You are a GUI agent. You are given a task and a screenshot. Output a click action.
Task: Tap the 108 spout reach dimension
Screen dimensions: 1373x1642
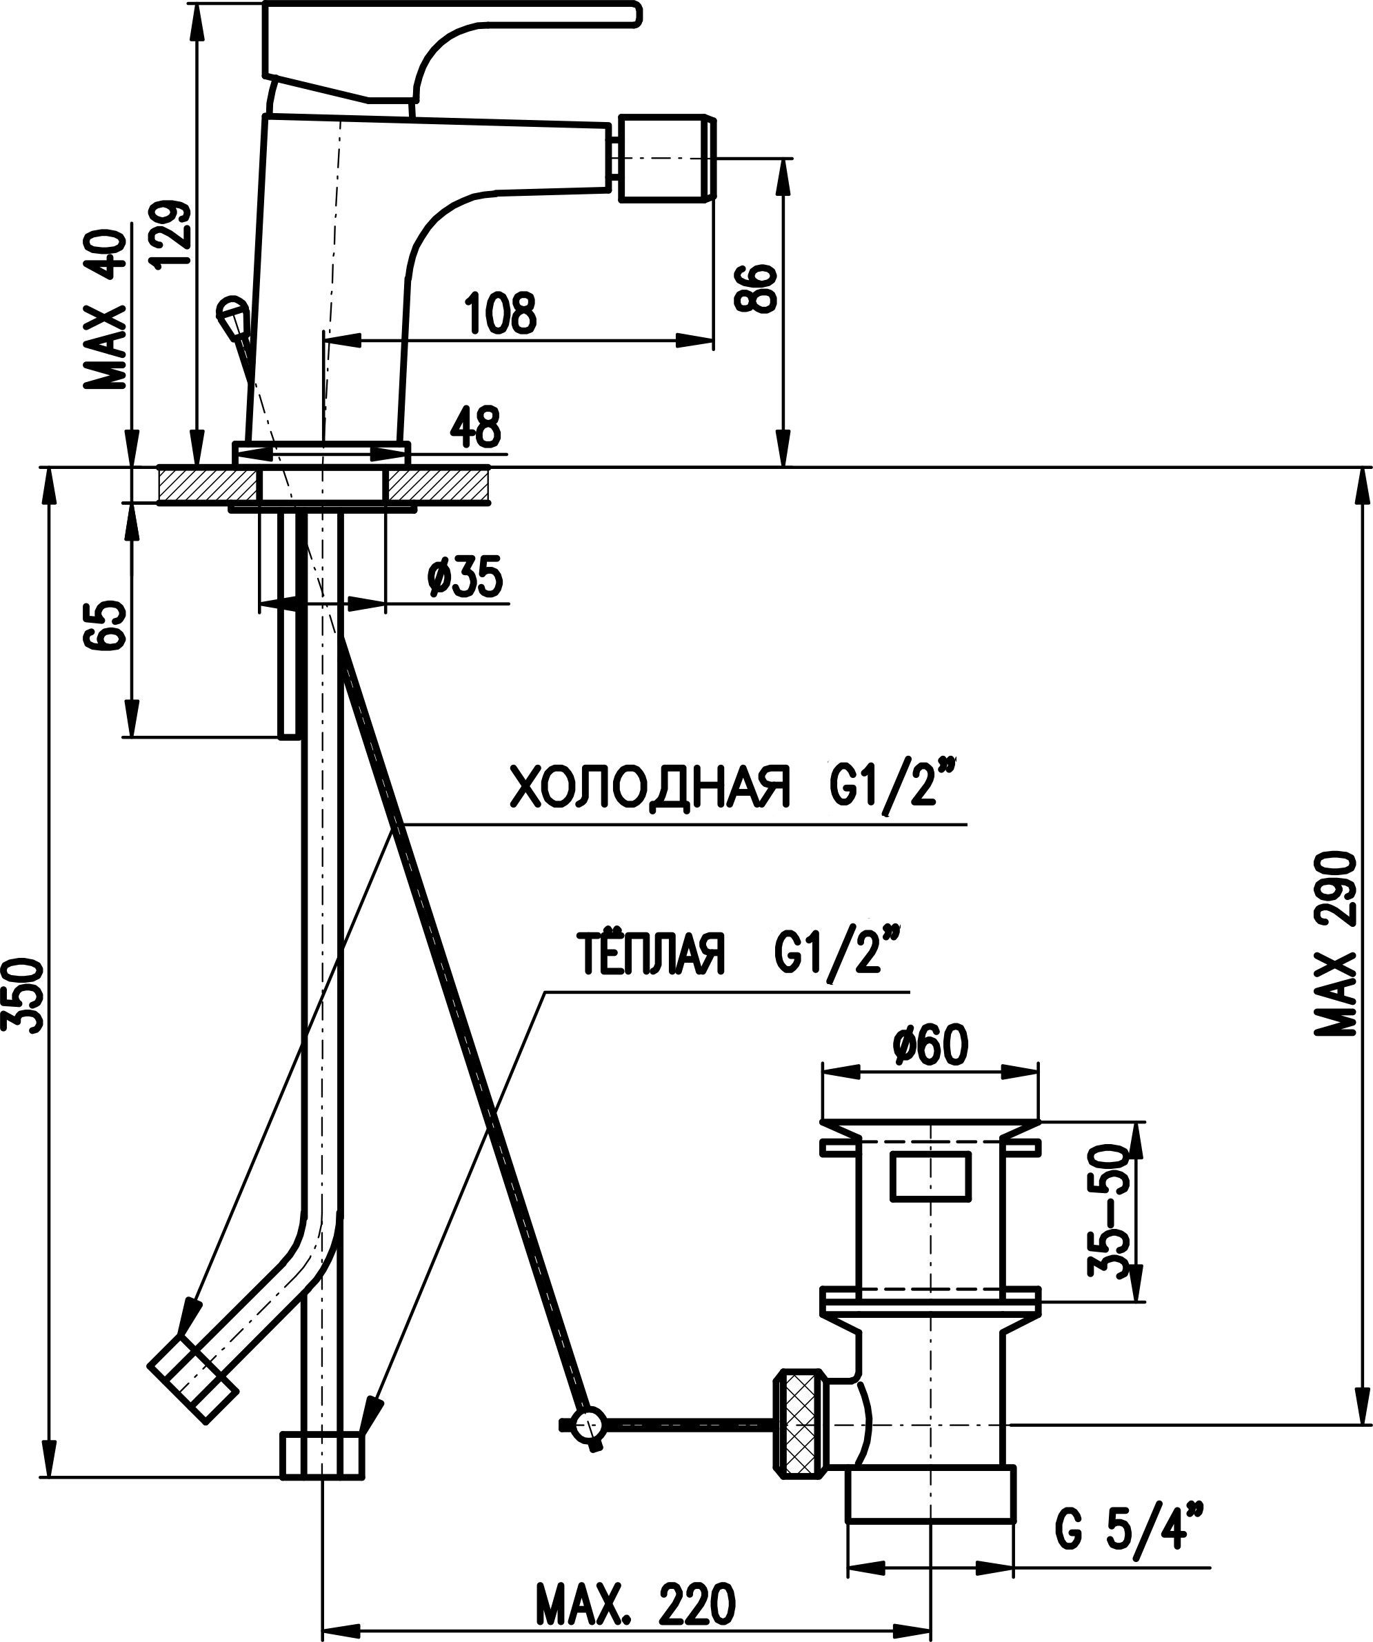pyautogui.click(x=501, y=314)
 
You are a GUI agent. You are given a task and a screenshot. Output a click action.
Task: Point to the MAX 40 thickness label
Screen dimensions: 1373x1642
pyautogui.click(x=106, y=310)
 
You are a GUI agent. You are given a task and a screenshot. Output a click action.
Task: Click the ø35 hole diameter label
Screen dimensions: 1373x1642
pyautogui.click(x=465, y=577)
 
